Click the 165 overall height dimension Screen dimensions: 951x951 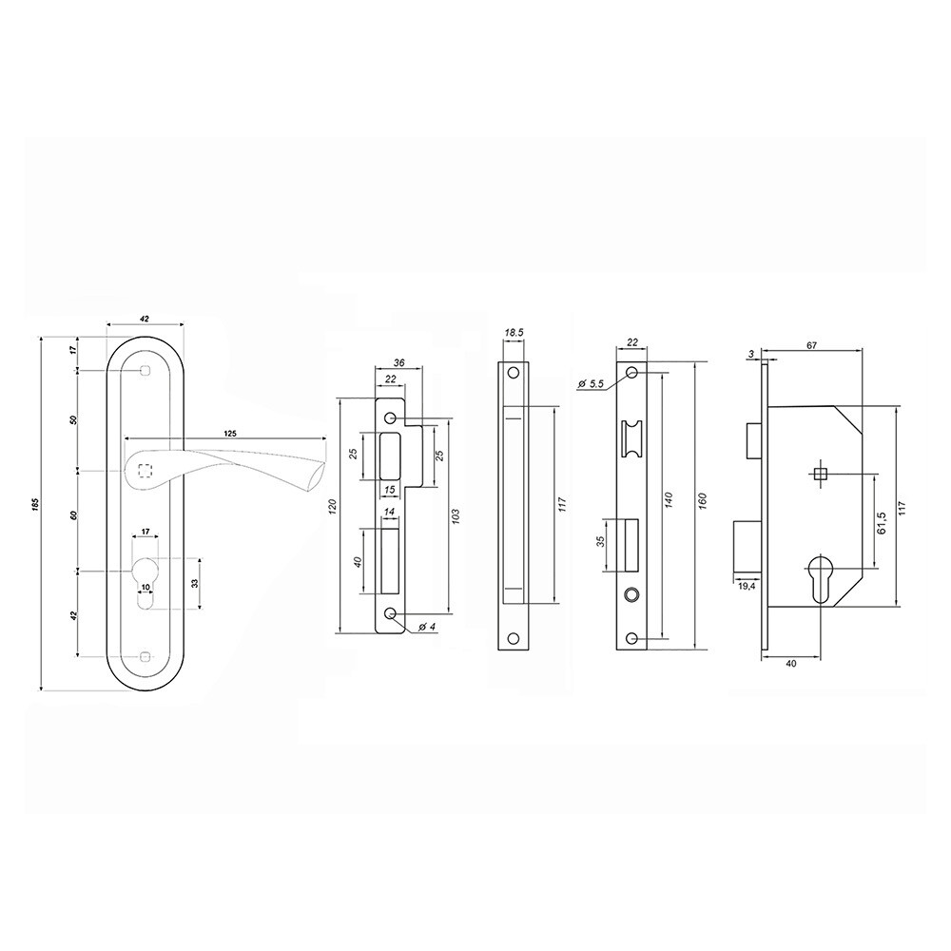tap(35, 503)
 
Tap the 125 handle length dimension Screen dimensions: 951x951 tap(230, 434)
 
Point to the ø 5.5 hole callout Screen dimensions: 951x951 tap(591, 384)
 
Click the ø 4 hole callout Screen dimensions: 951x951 tap(428, 626)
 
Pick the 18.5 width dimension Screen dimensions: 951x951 tap(514, 333)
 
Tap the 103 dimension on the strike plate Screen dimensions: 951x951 tap(456, 515)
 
